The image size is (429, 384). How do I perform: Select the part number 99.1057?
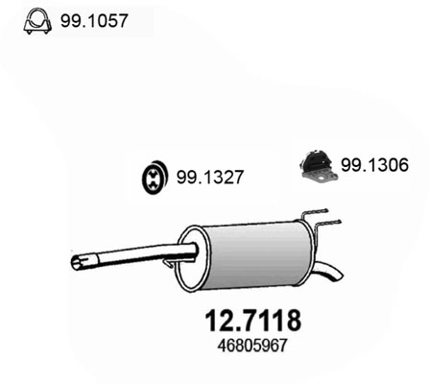91,19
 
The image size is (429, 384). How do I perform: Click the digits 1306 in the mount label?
385,164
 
